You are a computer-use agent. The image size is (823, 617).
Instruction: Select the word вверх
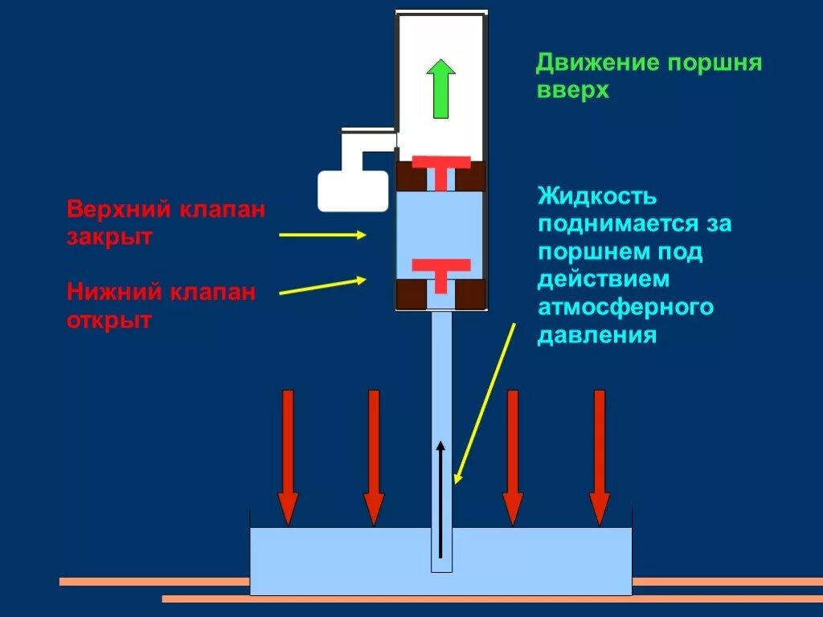click(x=573, y=90)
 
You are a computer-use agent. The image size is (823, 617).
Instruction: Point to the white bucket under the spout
click(x=352, y=190)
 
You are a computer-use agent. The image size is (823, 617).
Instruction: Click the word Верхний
click(x=118, y=210)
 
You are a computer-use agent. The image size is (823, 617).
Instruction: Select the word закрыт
click(x=109, y=238)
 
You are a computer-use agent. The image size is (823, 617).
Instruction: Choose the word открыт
click(x=109, y=320)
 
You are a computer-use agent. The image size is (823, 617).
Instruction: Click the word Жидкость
click(x=597, y=196)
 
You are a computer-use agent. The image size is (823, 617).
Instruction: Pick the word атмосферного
click(x=625, y=307)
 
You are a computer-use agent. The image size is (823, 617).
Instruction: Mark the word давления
click(x=597, y=334)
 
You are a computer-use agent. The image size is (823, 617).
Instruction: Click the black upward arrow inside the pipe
click(x=440, y=498)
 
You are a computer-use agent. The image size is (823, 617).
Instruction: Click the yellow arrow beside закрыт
click(x=321, y=235)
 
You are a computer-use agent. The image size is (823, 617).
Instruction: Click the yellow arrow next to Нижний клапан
click(x=321, y=286)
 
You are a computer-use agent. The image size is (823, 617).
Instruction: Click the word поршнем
click(x=594, y=251)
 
